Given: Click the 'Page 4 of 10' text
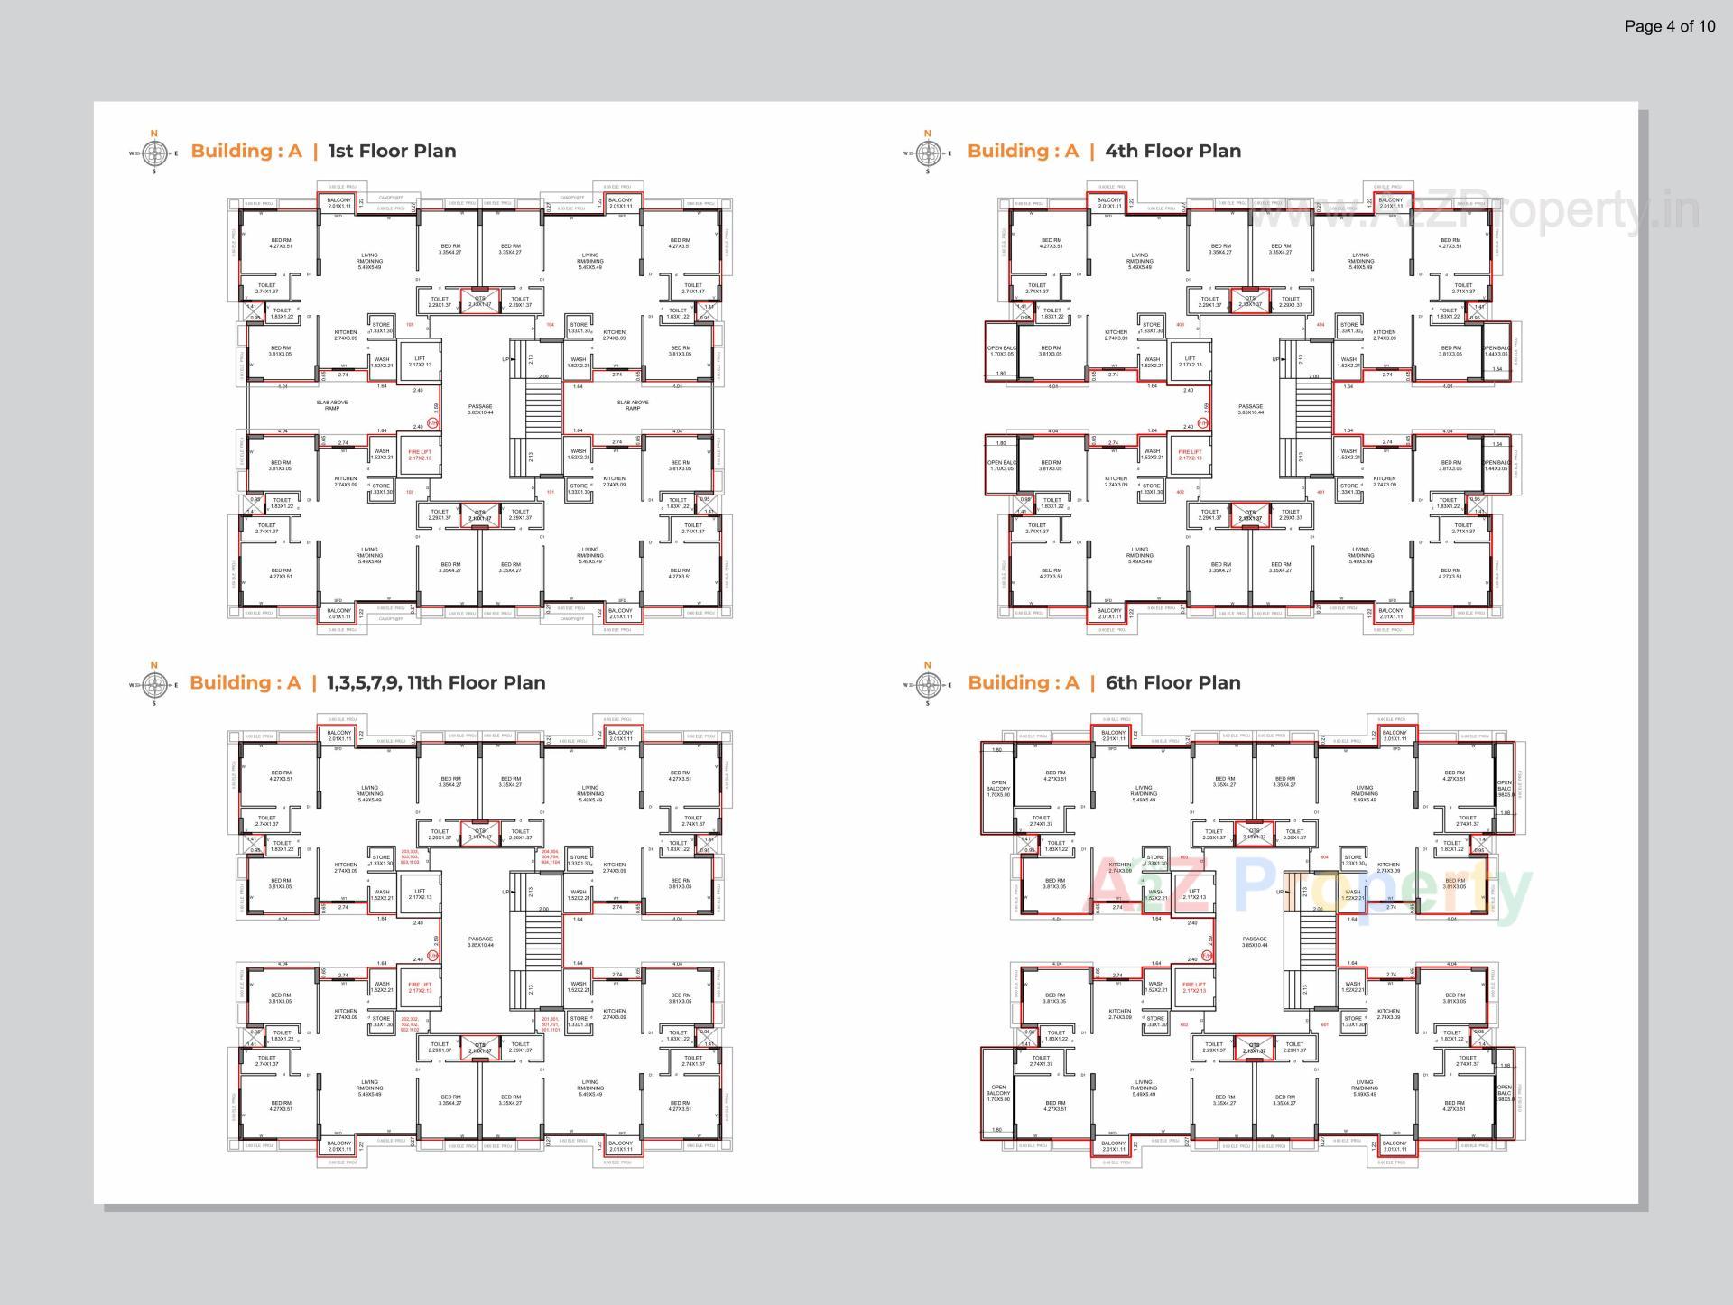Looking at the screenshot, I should coord(1670,26).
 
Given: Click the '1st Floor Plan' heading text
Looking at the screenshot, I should coord(392,151).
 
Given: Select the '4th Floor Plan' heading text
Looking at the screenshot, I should coord(1172,151).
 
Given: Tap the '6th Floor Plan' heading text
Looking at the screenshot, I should coord(1172,682).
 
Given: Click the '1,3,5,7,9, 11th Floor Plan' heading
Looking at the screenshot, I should coord(436,682).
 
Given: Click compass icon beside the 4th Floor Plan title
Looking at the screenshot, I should coord(927,153).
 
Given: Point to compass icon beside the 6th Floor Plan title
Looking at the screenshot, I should coord(927,684).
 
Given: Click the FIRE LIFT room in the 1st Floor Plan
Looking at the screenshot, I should coord(420,455).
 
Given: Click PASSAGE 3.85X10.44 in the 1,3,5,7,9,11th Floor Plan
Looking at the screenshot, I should coord(480,941).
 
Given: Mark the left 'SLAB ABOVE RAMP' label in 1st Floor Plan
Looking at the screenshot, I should coord(332,405).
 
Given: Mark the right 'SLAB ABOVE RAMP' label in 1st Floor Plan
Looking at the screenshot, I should coord(633,405).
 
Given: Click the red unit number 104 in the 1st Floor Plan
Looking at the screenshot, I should coord(550,324).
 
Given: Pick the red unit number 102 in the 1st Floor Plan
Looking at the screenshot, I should coord(410,492).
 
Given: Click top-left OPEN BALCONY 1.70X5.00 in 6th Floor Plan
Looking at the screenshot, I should coord(997,788).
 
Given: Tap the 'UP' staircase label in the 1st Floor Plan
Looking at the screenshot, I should coord(505,359).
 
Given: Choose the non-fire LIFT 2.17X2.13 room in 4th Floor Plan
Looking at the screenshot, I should coord(1190,361).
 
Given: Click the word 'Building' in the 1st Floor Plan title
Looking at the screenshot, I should coord(231,151).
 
